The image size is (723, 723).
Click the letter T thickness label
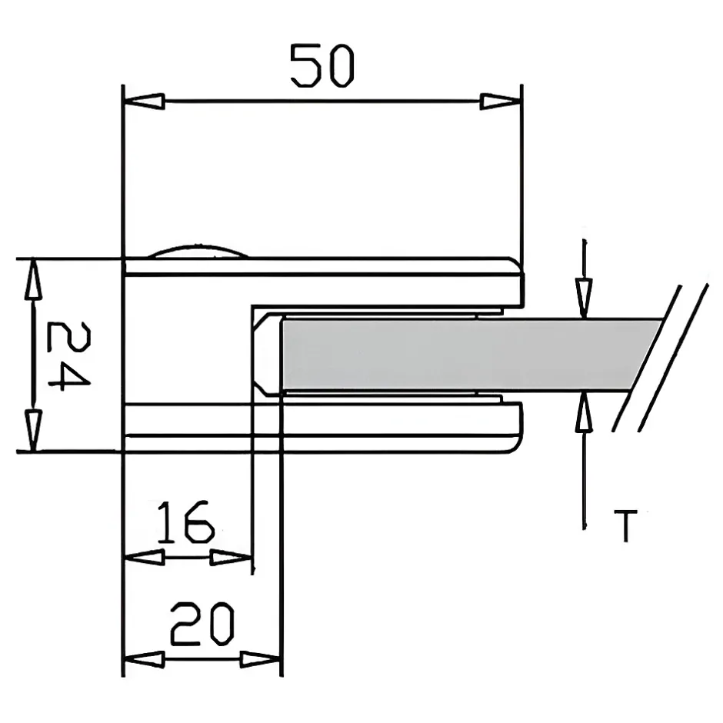[626, 525]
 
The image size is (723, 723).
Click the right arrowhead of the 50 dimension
[501, 102]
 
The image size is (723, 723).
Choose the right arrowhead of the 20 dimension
[261, 659]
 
